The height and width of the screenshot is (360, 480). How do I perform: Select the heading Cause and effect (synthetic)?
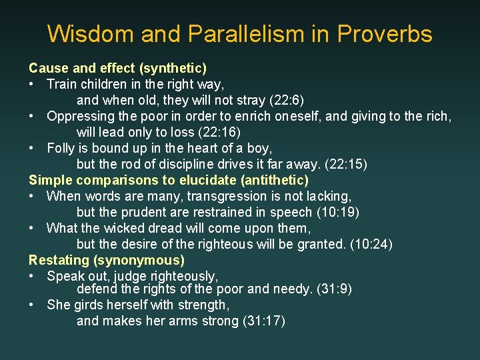pyautogui.click(x=117, y=68)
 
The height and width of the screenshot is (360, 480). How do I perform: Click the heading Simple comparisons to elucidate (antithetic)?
pyautogui.click(x=169, y=180)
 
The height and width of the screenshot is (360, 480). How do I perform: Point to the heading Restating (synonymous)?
pyautogui.click(x=107, y=260)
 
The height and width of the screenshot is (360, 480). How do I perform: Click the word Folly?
pyautogui.click(x=62, y=148)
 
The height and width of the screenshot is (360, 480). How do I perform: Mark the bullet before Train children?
pyautogui.click(x=32, y=84)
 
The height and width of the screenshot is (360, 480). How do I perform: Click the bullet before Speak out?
pyautogui.click(x=32, y=276)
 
